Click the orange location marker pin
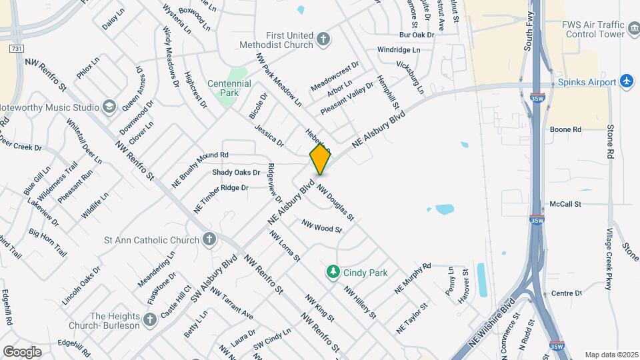tap(320, 159)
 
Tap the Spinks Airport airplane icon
tap(626, 81)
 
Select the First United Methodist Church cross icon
tap(323, 39)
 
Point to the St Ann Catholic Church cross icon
tap(209, 239)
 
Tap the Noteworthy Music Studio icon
tap(109, 107)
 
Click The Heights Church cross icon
tap(149, 319)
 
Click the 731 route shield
tap(17, 49)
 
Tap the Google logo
tap(22, 351)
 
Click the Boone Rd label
tap(565, 129)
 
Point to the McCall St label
tap(566, 204)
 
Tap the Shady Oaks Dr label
tap(235, 172)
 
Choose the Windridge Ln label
tap(399, 50)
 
